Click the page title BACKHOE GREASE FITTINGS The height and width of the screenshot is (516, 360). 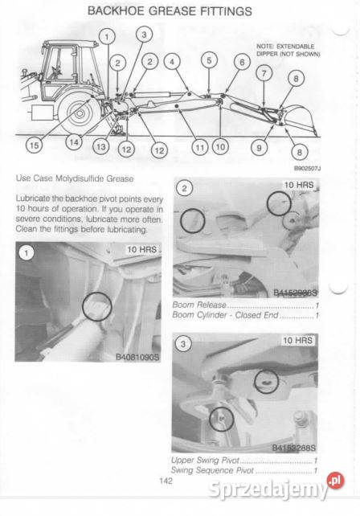169,11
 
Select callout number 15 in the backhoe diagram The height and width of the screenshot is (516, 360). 32,145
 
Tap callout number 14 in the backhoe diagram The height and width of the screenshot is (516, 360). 74,143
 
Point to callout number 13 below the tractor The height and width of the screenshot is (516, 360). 100,147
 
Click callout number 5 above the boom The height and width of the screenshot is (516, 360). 208,60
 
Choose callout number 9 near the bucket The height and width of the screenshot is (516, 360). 259,147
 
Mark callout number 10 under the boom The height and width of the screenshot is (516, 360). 220,147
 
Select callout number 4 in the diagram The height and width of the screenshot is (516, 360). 172,61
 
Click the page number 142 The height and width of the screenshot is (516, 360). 166,481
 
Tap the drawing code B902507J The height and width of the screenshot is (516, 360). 306,169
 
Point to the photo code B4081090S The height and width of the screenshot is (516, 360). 137,356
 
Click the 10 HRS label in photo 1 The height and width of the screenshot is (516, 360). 143,250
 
